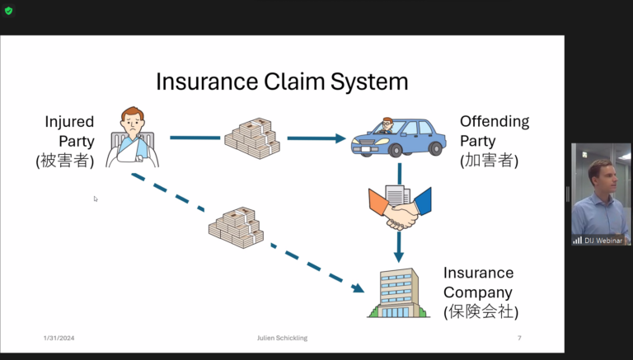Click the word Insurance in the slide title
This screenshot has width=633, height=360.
tap(207, 82)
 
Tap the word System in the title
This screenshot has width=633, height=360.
tap(369, 82)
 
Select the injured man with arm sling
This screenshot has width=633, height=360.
tap(133, 137)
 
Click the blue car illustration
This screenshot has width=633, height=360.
tap(398, 137)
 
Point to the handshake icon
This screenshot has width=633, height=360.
tap(400, 208)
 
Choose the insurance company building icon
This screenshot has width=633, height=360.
tap(398, 293)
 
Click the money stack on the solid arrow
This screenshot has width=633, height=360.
tap(252, 138)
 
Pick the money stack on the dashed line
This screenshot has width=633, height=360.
tap(237, 227)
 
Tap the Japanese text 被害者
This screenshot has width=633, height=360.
tap(64, 161)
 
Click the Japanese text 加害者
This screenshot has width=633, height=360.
tap(489, 160)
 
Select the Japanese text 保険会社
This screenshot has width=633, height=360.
tap(481, 311)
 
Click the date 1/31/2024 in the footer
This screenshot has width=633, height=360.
tap(59, 338)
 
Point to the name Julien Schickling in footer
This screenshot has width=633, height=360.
tap(282, 338)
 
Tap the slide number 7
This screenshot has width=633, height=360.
tap(519, 338)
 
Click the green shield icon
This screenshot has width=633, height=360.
tap(8, 11)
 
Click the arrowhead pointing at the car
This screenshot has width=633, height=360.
tap(340, 138)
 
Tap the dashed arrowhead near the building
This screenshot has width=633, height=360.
tap(358, 288)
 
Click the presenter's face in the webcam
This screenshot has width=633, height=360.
tap(605, 178)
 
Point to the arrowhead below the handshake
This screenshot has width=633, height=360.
tap(399, 257)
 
